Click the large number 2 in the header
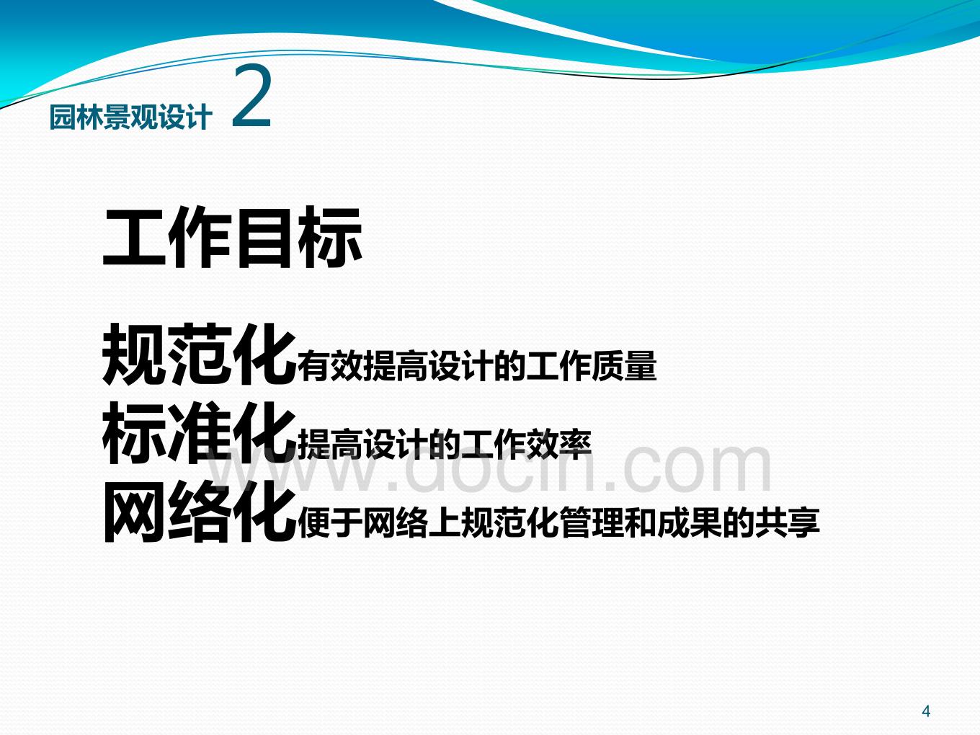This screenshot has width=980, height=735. click(x=251, y=97)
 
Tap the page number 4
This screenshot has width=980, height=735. click(x=926, y=711)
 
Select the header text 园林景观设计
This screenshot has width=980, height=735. click(x=130, y=117)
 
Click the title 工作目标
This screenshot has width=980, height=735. click(x=232, y=237)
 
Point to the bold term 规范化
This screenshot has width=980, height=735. click(x=200, y=355)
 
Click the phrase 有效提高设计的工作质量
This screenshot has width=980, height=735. click(x=477, y=366)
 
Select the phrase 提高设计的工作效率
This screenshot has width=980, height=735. click(x=445, y=445)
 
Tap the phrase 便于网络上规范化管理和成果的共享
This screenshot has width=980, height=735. click(x=559, y=522)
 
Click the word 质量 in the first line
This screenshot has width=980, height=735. click(x=624, y=366)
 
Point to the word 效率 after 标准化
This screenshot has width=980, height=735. click(x=559, y=445)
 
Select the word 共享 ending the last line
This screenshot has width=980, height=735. click(x=788, y=522)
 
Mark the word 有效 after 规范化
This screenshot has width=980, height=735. click(x=331, y=366)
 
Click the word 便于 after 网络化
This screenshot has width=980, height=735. click(x=331, y=522)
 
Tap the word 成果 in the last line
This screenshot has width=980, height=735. click(x=690, y=522)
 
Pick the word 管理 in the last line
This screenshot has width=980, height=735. click(x=592, y=522)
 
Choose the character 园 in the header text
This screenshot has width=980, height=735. click(x=63, y=117)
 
